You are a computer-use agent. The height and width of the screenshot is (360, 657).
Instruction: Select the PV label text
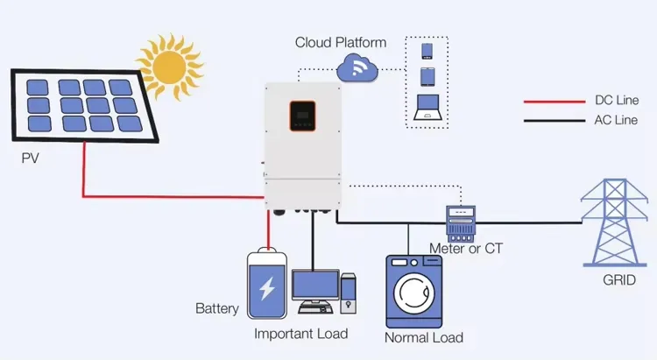coord(32,160)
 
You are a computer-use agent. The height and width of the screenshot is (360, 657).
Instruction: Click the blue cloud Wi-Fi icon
coord(357,66)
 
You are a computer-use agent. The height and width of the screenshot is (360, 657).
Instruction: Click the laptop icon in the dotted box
coord(427,106)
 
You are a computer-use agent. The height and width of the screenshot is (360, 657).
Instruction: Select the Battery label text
coord(216,309)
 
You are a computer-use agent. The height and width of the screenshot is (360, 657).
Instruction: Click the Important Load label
coord(300,334)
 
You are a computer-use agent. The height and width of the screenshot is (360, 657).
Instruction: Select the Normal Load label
coord(424,337)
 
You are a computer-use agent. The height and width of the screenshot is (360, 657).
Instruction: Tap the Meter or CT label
coord(465,248)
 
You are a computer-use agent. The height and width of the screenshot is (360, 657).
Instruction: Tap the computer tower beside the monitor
coord(349,293)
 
